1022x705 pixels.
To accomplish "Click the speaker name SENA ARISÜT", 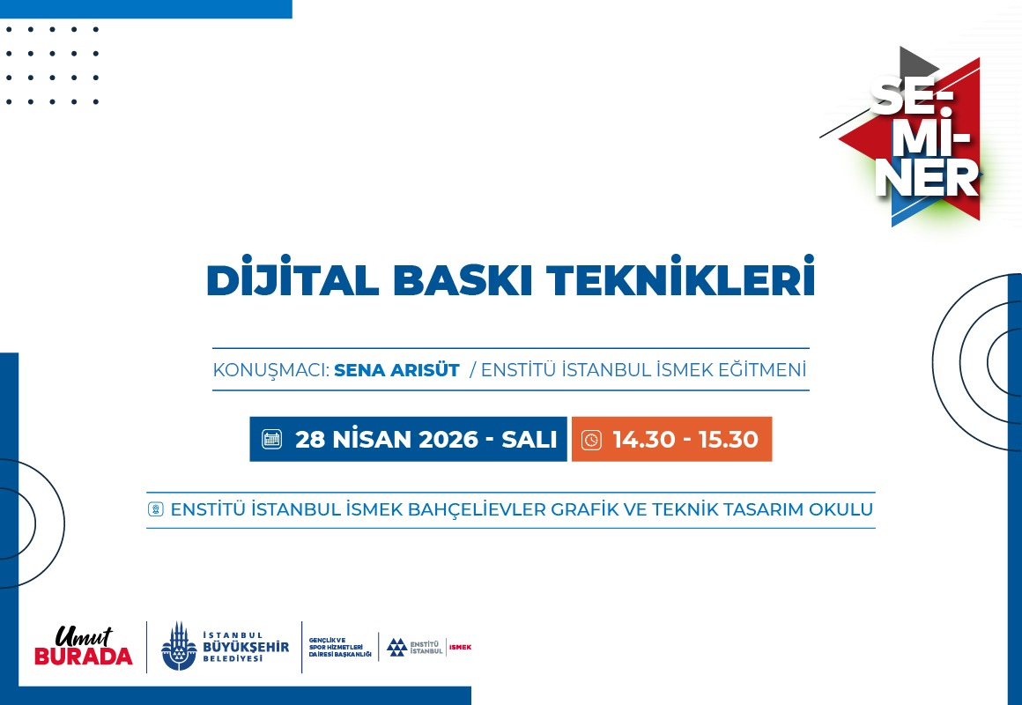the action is pyautogui.click(x=396, y=370).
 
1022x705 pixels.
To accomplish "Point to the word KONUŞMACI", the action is pyautogui.click(x=270, y=370).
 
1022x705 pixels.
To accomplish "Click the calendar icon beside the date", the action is pyautogui.click(x=271, y=439).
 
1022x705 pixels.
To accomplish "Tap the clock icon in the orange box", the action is pyautogui.click(x=591, y=440).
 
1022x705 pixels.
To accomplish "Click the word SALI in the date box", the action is pyautogui.click(x=530, y=440).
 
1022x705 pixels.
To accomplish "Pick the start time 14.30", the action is pyautogui.click(x=644, y=440).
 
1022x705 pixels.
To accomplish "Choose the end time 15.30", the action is pyautogui.click(x=728, y=440).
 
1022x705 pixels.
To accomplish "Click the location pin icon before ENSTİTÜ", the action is pyautogui.click(x=156, y=508).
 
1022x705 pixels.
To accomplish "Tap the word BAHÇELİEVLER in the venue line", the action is pyautogui.click(x=477, y=509).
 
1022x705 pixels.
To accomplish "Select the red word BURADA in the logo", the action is pyautogui.click(x=84, y=656).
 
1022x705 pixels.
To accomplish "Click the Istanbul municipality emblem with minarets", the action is pyautogui.click(x=179, y=646).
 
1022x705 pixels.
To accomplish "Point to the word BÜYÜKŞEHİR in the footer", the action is pyautogui.click(x=246, y=647).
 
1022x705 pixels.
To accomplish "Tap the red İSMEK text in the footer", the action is pyautogui.click(x=460, y=647).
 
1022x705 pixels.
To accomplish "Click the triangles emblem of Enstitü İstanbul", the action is pyautogui.click(x=396, y=647).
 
